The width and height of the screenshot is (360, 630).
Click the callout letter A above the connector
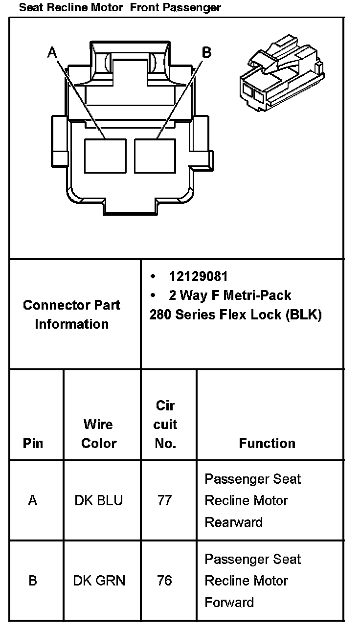pyautogui.click(x=53, y=52)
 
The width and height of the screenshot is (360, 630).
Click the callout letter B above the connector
pyautogui.click(x=206, y=52)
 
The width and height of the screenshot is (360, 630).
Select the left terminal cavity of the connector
pyautogui.click(x=105, y=156)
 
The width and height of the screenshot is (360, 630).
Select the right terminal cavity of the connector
pyautogui.click(x=155, y=156)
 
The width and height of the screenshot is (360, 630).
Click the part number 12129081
pyautogui.click(x=198, y=276)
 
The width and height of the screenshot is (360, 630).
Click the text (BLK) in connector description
pyautogui.click(x=304, y=315)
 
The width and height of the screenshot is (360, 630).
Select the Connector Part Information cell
pyautogui.click(x=72, y=315)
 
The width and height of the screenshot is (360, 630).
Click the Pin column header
pyautogui.click(x=33, y=443)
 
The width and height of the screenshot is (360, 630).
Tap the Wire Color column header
pyautogui.click(x=98, y=433)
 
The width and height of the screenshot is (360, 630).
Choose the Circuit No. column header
pyautogui.click(x=165, y=424)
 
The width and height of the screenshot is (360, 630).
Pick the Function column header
pyautogui.click(x=267, y=443)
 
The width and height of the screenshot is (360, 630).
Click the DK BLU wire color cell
pyautogui.click(x=98, y=500)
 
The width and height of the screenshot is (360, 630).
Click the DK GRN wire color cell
pyautogui.click(x=99, y=581)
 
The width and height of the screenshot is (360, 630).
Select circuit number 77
pyautogui.click(x=164, y=500)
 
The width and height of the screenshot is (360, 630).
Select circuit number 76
pyautogui.click(x=164, y=581)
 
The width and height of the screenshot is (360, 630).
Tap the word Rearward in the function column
pyautogui.click(x=233, y=522)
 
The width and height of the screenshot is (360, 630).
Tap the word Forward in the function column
pyautogui.click(x=229, y=602)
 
